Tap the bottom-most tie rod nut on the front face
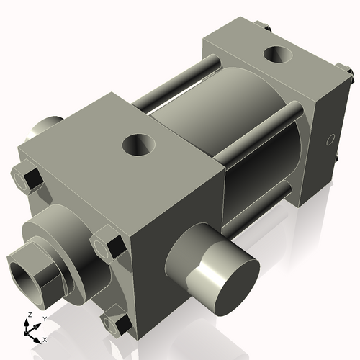pos(116,323)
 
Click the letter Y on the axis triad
pos(44,318)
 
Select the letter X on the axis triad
pos(45,338)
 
